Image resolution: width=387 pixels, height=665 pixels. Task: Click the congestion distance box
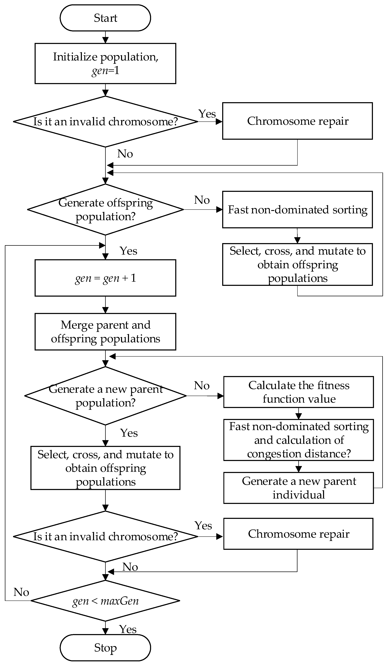[298, 440]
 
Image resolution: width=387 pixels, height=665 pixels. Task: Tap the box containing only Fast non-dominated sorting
[297, 210]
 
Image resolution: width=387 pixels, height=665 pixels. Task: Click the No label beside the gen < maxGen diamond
[21, 592]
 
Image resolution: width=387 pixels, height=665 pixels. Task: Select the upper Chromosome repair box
[297, 121]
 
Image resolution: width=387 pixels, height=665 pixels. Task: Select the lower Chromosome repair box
[298, 534]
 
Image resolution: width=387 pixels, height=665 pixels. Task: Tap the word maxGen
[120, 601]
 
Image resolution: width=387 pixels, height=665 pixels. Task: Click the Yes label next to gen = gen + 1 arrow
[128, 251]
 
